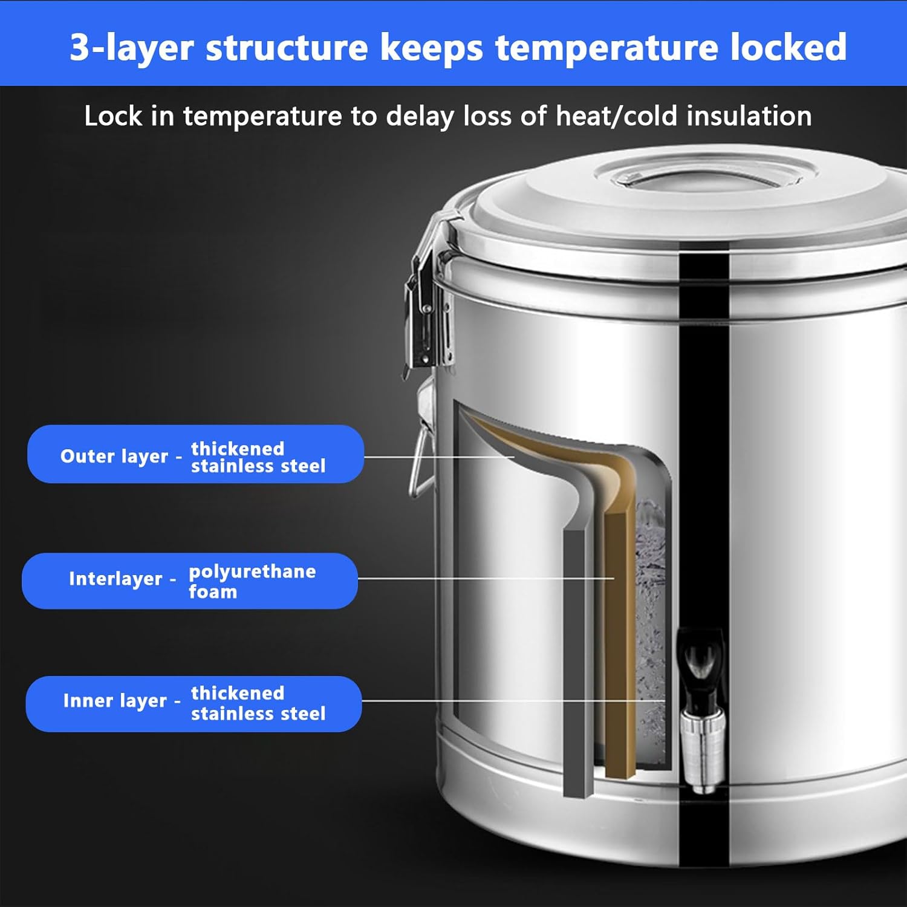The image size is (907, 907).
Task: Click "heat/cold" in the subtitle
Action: [616, 115]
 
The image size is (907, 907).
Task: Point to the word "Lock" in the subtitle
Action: [113, 115]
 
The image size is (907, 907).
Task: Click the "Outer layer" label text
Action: [114, 456]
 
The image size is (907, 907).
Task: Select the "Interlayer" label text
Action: [115, 579]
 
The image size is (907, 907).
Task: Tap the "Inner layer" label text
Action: [114, 701]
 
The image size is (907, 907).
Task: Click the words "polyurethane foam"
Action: [252, 581]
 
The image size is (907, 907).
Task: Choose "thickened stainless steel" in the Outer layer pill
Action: [258, 457]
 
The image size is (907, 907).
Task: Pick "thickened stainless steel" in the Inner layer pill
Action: [258, 703]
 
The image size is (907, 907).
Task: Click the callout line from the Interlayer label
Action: [484, 578]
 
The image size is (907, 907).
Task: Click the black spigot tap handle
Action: [701, 659]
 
